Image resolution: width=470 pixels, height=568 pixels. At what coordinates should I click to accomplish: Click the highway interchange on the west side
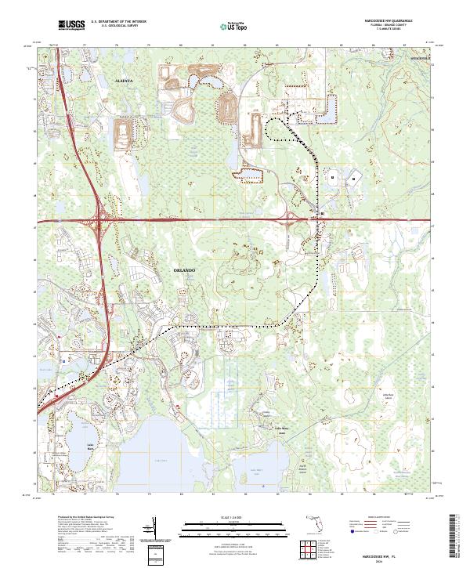click(99, 222)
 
